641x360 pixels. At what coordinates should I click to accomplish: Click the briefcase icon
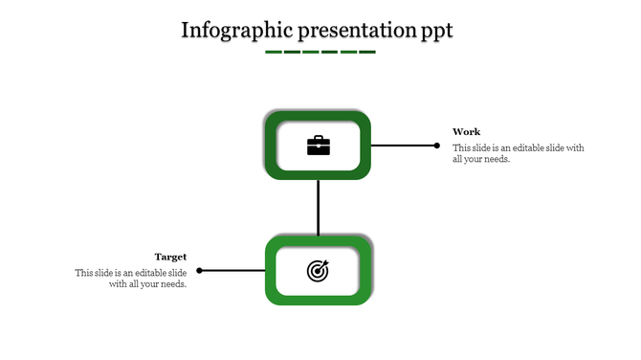[x=318, y=146]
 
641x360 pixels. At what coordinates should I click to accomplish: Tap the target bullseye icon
[x=318, y=271]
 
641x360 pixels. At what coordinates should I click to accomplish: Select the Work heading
[x=467, y=132]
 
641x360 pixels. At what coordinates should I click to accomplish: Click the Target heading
[x=170, y=257]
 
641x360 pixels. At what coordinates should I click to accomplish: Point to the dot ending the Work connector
[x=437, y=146]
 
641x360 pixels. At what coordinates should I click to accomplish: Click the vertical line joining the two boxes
[x=318, y=207]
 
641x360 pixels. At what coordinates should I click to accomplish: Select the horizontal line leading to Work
[x=402, y=146]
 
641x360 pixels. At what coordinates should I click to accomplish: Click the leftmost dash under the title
[x=274, y=52]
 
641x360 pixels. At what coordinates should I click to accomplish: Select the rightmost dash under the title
[x=367, y=52]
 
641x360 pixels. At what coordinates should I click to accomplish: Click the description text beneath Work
[x=518, y=153]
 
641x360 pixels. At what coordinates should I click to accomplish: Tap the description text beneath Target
[x=132, y=279]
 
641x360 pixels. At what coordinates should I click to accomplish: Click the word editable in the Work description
[x=530, y=148]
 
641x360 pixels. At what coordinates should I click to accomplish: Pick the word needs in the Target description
[x=171, y=284]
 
